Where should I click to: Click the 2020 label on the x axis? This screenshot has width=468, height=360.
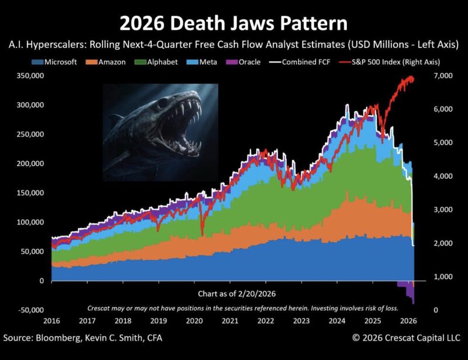pos(192,320)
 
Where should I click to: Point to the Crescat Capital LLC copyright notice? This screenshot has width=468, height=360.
pos(407,338)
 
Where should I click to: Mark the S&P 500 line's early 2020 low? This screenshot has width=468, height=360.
pos(202,234)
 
